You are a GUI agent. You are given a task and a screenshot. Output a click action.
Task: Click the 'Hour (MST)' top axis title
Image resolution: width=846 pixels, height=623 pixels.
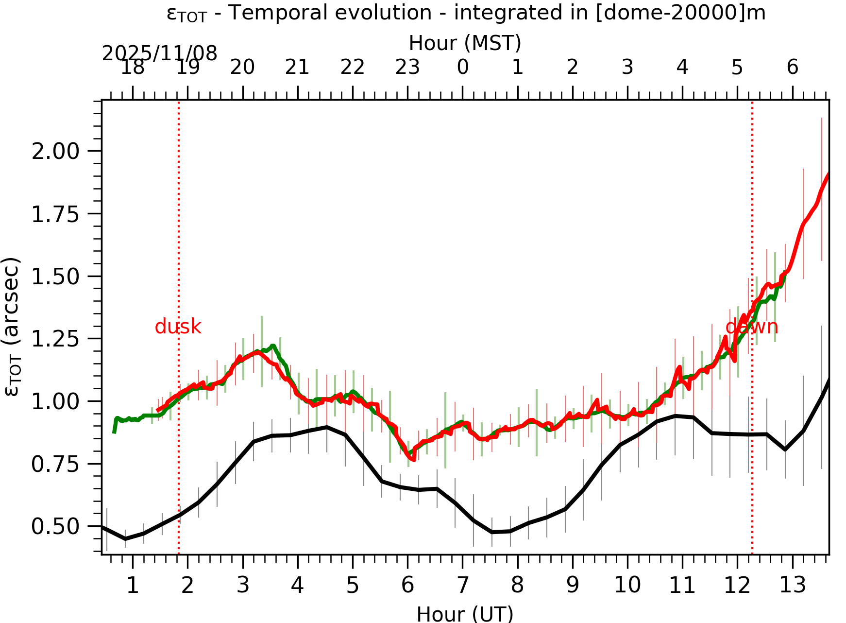coord(465,43)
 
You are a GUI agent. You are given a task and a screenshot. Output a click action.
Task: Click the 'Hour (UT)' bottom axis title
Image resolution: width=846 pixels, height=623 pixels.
coord(465,614)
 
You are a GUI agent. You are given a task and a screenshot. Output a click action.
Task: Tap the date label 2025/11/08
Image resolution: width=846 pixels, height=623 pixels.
coord(159,53)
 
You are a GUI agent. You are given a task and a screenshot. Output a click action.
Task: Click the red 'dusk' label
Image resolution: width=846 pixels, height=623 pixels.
coord(178,327)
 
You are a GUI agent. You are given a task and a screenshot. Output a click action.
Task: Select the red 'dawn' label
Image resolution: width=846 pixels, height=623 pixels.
coord(751,327)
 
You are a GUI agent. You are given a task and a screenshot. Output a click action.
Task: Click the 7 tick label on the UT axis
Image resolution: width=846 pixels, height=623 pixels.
coord(462,586)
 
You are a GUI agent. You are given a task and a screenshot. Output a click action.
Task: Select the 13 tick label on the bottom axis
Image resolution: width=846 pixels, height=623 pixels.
coord(793,586)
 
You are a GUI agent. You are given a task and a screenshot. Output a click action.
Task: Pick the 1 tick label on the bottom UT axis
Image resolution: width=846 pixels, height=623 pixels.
coord(133,586)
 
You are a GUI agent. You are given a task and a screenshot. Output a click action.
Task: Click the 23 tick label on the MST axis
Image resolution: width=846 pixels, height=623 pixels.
coord(407,67)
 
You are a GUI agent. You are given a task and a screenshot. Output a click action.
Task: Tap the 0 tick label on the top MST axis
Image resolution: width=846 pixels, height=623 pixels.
coord(462,67)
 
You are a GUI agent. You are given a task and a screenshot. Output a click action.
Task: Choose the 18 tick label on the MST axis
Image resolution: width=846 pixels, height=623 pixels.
coord(133,67)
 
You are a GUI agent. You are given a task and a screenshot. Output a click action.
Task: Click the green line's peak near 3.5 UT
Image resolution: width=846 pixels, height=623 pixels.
coord(273,346)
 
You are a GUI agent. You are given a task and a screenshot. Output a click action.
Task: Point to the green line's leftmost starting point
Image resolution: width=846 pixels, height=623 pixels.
coord(114,432)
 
